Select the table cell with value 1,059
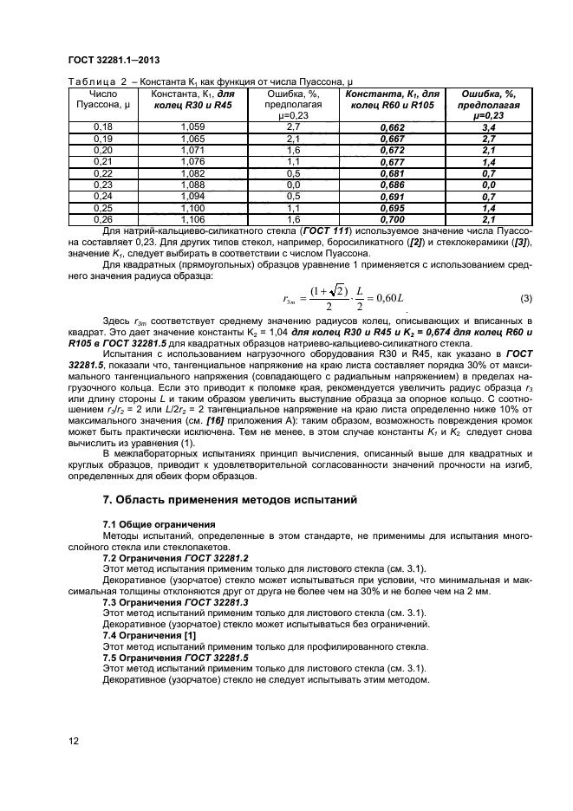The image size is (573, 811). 193,127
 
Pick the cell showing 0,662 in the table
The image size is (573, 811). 394,127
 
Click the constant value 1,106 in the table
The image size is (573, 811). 193,221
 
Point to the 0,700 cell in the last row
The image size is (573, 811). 394,221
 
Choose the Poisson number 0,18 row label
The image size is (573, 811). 103,127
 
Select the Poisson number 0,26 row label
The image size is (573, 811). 103,221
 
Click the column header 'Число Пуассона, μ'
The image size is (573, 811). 103,99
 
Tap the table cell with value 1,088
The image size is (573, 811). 193,185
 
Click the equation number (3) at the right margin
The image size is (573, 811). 525,299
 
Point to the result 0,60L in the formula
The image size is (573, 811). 387,299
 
